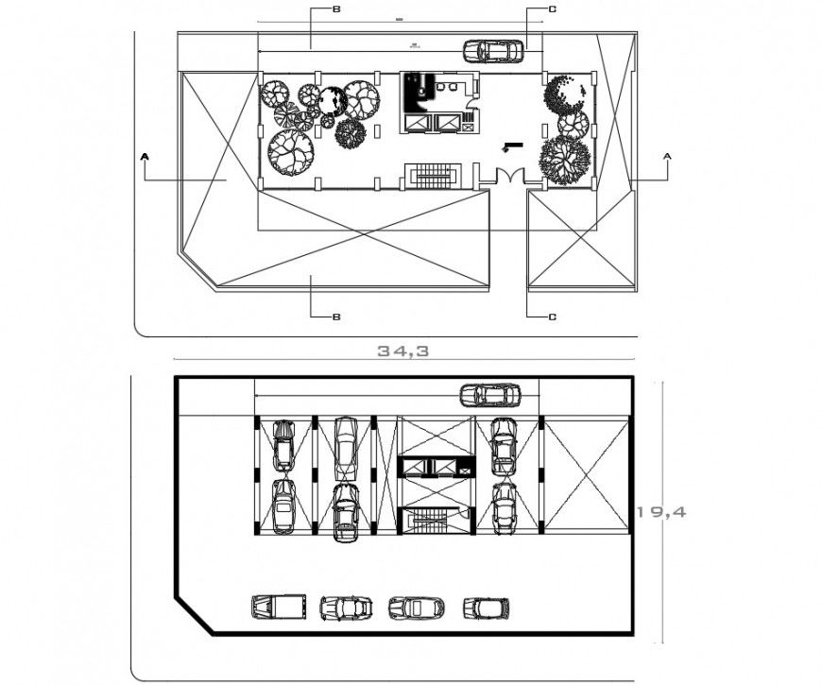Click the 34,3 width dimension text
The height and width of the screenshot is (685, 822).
point(403,350)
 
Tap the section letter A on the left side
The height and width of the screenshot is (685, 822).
point(145,154)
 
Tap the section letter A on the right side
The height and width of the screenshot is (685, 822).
point(668,154)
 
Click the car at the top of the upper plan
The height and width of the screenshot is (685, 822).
point(493,51)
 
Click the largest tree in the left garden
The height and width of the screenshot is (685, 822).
point(291,150)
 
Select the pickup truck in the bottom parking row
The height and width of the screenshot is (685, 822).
point(279,606)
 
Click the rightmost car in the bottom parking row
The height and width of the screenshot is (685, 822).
point(486,607)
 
